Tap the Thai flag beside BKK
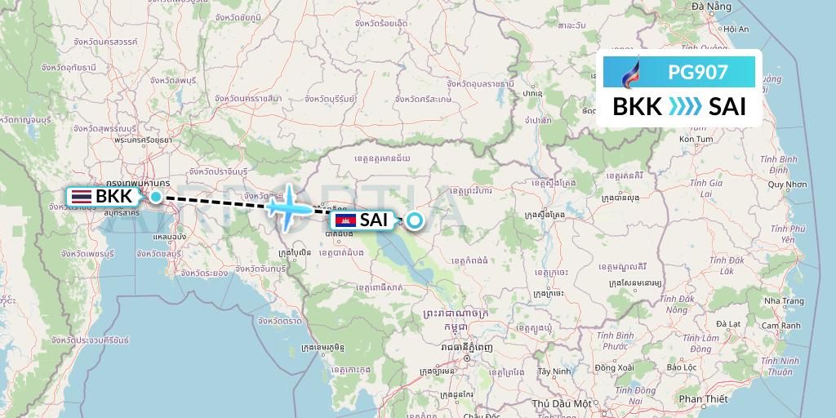point(80,196)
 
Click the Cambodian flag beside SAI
point(345,220)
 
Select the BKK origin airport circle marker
point(155,196)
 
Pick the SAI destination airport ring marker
point(415,220)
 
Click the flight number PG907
point(698,72)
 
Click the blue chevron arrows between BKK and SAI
point(684,107)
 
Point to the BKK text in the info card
point(637,107)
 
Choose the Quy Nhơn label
point(786,185)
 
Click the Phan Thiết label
point(703,398)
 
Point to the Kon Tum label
point(696,140)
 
